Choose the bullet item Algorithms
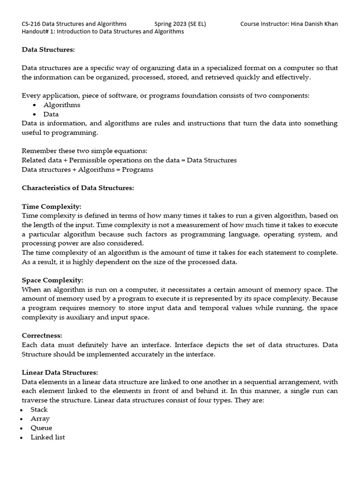click(x=61, y=105)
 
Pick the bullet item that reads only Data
click(x=51, y=114)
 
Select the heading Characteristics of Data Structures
click(x=78, y=188)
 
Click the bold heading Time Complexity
click(x=52, y=206)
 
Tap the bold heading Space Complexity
click(x=52, y=280)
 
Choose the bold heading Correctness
click(x=42, y=336)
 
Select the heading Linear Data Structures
click(x=60, y=373)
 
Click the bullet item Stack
click(x=39, y=409)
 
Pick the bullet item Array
click(x=40, y=419)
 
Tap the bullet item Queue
click(x=41, y=428)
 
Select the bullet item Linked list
click(x=48, y=437)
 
